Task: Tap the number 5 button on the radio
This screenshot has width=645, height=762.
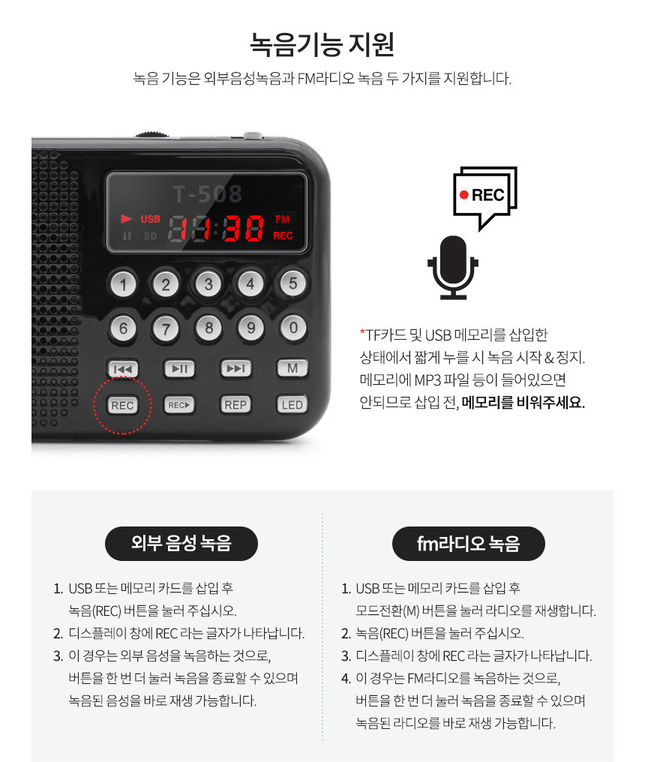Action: click(292, 283)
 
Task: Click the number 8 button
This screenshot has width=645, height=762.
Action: click(208, 328)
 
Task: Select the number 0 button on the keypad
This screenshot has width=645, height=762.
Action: click(293, 328)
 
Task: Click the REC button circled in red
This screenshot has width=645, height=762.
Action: click(122, 405)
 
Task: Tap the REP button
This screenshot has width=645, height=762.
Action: click(235, 405)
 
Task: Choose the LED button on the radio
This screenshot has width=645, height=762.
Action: click(292, 405)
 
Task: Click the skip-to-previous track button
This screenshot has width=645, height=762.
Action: click(122, 369)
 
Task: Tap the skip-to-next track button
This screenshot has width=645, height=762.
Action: click(236, 368)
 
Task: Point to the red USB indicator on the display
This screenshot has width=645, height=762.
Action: click(150, 219)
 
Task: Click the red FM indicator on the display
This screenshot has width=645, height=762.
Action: click(283, 219)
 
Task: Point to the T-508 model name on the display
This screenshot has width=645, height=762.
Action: click(208, 194)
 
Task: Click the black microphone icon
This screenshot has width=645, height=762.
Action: click(453, 267)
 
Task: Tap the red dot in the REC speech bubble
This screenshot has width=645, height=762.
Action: click(463, 195)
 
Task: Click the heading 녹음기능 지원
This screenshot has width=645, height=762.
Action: click(322, 44)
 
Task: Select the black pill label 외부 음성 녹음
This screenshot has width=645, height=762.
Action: click(181, 543)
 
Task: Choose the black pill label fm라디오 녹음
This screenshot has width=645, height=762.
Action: click(469, 543)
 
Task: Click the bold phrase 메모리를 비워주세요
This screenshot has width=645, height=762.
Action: click(523, 403)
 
